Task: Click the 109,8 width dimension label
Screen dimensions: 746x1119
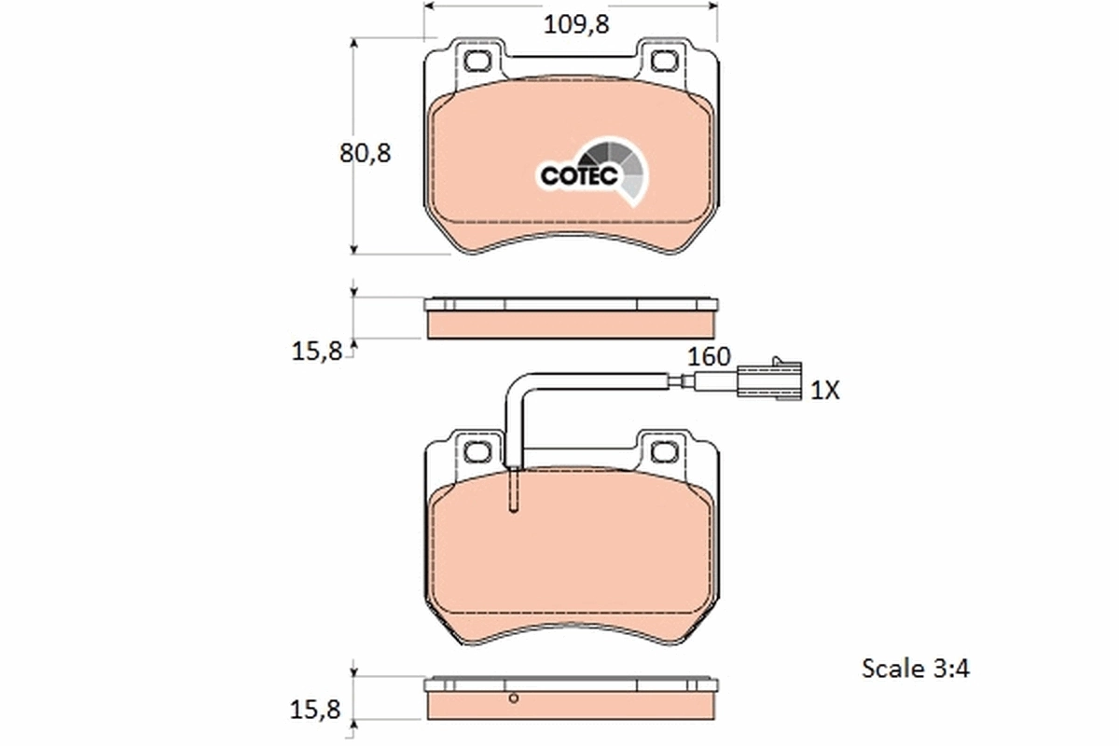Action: [x=576, y=25]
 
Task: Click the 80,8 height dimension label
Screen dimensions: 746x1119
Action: [x=365, y=153]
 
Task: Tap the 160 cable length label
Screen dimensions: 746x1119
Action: [x=709, y=356]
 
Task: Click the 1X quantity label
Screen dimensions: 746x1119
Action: [x=824, y=391]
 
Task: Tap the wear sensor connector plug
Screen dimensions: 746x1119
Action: [x=768, y=380]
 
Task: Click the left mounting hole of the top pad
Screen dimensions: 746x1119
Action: [x=478, y=62]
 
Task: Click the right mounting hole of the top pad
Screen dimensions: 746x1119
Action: [x=665, y=62]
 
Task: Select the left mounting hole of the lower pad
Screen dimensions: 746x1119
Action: [x=478, y=452]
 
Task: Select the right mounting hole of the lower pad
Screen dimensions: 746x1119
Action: [x=665, y=452]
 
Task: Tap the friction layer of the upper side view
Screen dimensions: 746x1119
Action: [x=571, y=324]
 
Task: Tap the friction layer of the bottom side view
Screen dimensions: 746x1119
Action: [x=571, y=706]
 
